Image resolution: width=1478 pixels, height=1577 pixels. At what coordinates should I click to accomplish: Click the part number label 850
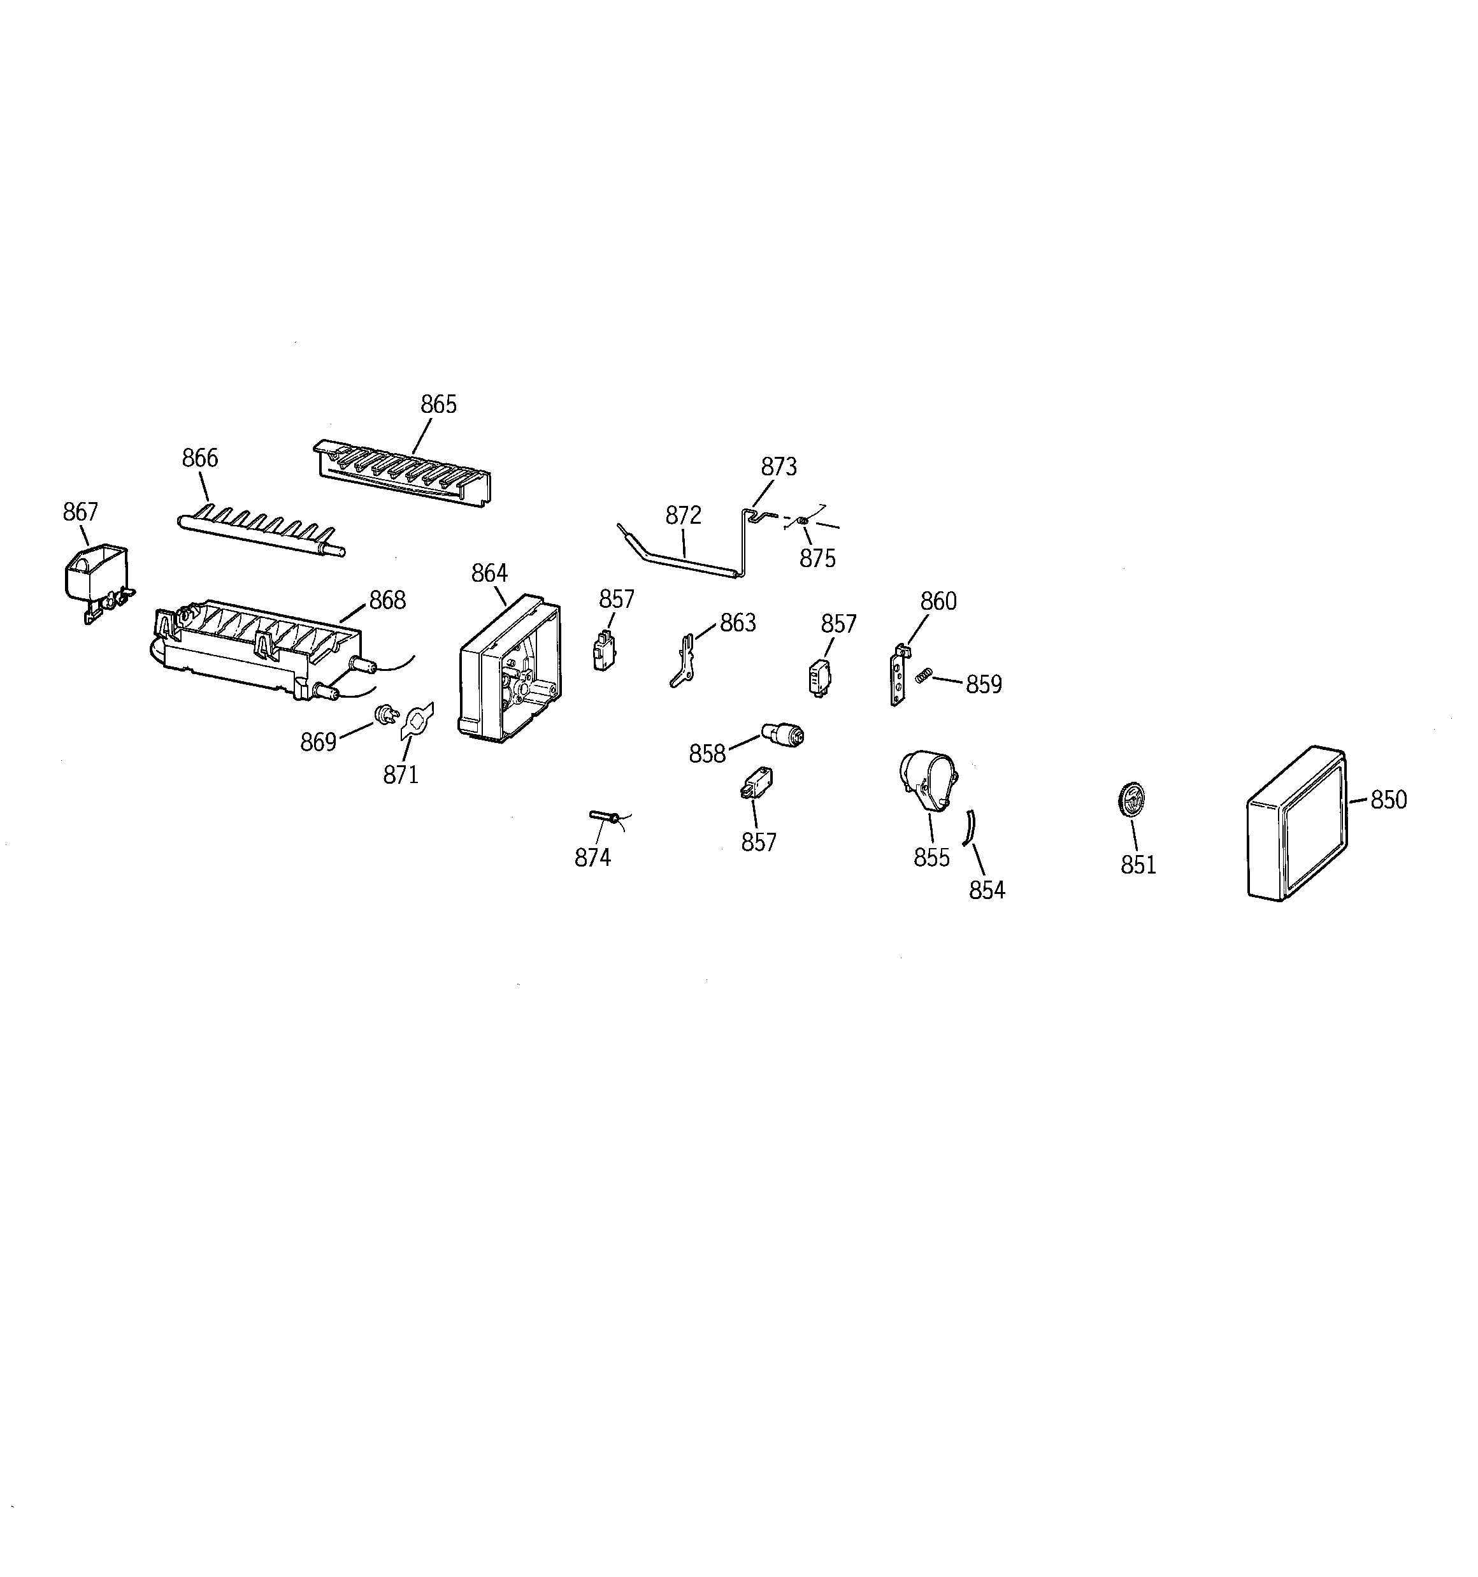click(1388, 800)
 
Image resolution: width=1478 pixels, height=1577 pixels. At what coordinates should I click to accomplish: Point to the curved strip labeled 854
click(969, 828)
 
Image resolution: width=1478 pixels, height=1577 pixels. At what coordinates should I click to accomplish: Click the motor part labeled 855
click(928, 780)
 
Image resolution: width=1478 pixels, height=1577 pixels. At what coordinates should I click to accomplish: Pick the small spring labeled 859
click(922, 675)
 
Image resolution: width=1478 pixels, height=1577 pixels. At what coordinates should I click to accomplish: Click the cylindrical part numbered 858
click(782, 732)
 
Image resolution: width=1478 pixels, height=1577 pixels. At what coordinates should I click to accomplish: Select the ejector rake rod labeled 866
click(260, 531)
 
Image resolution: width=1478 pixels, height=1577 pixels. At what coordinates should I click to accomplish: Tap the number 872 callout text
click(683, 515)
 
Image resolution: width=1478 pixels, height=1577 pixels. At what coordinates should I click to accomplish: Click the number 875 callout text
click(817, 558)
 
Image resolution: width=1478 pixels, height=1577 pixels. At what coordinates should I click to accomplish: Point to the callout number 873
click(778, 466)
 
